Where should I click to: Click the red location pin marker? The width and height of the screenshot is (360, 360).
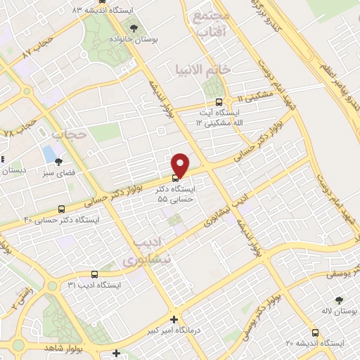[181, 164]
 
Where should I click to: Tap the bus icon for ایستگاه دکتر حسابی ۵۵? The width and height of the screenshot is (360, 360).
[176, 177]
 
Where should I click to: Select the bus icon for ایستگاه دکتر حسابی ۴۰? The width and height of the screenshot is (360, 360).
[62, 209]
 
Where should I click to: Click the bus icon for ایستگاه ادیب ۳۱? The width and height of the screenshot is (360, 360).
[94, 274]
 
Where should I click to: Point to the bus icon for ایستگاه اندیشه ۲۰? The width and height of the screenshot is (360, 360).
[316, 333]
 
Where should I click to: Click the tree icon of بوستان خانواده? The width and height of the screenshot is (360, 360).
[134, 28]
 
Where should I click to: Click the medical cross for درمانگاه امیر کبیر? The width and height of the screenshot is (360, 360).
[174, 319]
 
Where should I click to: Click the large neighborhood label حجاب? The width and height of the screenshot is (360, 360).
[70, 132]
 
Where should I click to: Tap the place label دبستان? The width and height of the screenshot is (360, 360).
[13, 169]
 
